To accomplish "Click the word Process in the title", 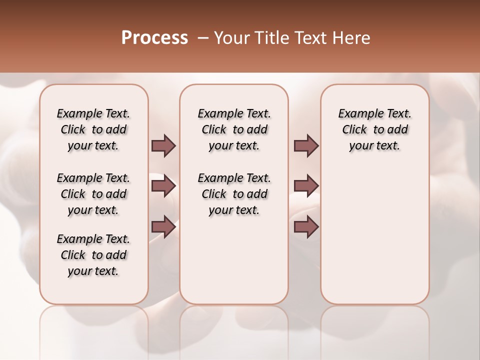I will [x=154, y=38].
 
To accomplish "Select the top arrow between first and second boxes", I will [x=163, y=146].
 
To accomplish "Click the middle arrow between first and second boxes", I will [x=163, y=186].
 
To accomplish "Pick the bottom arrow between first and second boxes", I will [x=163, y=226].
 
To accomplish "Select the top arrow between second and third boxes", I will [x=306, y=146].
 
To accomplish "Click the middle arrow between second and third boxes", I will [x=306, y=186].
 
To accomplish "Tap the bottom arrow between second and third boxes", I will [x=306, y=226].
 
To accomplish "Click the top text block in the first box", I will [x=93, y=129].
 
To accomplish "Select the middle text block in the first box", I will [x=93, y=194].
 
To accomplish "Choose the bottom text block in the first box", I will [x=93, y=255].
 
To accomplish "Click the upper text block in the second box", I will [x=234, y=129].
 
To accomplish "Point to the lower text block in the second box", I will [x=234, y=194].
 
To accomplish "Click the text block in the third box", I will [x=374, y=129].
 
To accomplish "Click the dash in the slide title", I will [x=203, y=38].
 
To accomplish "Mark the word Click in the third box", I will [x=354, y=130].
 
